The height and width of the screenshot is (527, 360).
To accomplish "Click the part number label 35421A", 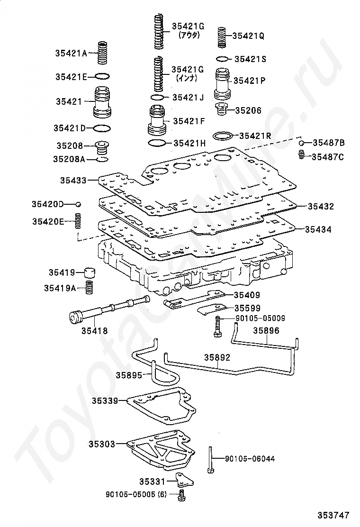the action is [71, 53].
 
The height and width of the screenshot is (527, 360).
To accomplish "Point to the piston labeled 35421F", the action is [157, 120].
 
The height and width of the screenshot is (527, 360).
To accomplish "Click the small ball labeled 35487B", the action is [302, 143].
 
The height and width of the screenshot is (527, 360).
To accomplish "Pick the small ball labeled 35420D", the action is [78, 204].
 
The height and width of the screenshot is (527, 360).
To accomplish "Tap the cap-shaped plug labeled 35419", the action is [89, 272].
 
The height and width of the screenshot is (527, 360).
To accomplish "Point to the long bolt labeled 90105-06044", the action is [210, 460].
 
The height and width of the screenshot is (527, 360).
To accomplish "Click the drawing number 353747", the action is [333, 515].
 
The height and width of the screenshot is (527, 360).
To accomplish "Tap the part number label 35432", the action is [321, 206].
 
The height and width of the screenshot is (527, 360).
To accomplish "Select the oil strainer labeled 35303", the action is [160, 449].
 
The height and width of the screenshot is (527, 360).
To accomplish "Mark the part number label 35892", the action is [217, 357].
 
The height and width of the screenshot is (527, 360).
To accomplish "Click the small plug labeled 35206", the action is [221, 109].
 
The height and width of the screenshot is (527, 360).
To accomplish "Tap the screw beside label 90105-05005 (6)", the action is [181, 495].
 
